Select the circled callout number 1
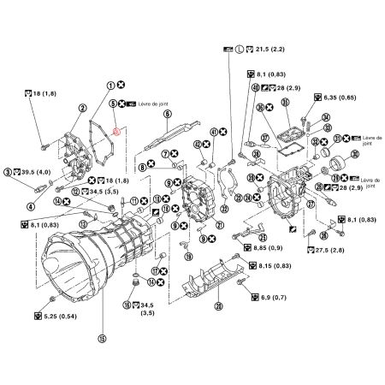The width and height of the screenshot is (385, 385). [110, 86]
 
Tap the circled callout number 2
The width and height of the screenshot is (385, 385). [82, 109]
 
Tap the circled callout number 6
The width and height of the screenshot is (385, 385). [167, 114]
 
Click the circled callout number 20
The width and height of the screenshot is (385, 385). [218, 306]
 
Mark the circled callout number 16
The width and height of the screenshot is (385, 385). [126, 304]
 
